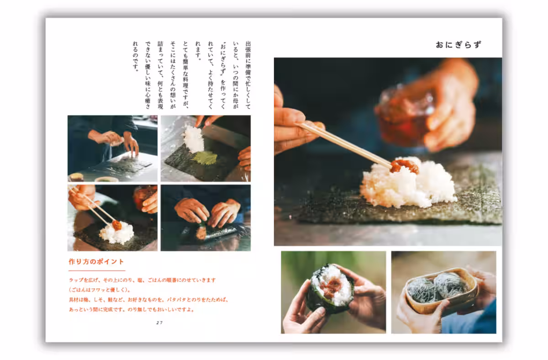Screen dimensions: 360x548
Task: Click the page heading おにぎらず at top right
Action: click(458, 45)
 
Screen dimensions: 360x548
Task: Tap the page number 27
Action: click(159, 323)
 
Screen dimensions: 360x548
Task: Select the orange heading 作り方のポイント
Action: click(96, 262)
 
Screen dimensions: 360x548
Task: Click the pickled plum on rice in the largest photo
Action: click(404, 166)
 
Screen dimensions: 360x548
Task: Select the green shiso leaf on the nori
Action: click(204, 158)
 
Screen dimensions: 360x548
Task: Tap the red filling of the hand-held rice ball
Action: click(331, 288)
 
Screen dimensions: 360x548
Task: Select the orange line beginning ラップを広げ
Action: click(142, 280)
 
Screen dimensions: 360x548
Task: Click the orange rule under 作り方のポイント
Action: click(96, 270)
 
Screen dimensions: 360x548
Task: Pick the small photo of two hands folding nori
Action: click(205, 218)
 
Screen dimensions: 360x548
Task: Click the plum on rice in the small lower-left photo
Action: click(116, 225)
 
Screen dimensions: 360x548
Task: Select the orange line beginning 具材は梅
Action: click(148, 300)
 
